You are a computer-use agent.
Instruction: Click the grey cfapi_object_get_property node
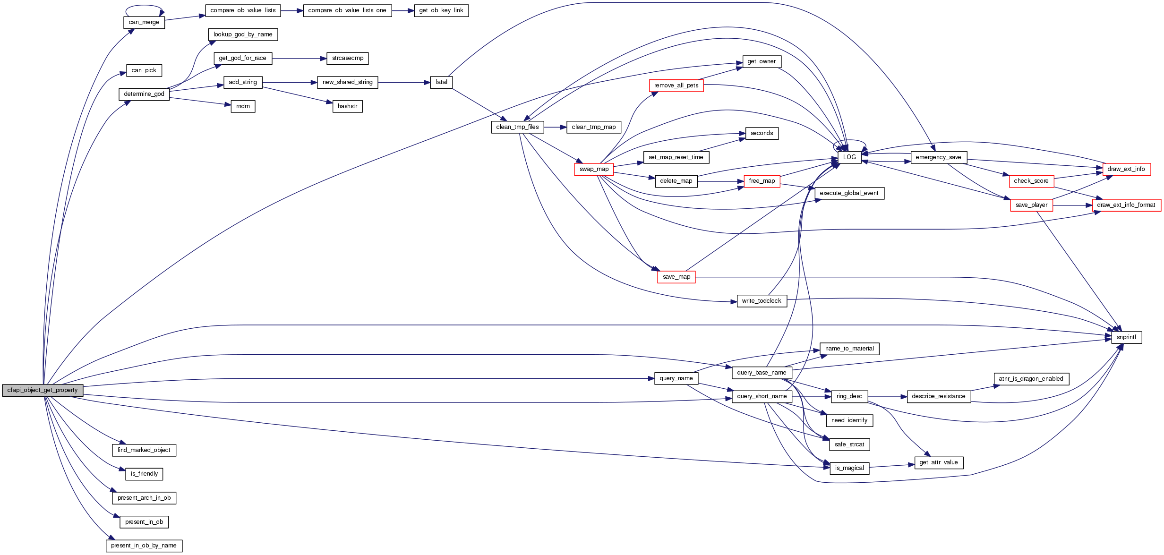pos(43,390)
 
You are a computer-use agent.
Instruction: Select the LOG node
pos(849,157)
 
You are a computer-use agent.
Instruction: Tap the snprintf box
pos(1126,337)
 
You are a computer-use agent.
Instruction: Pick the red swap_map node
pos(594,169)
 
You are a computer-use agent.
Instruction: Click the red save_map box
pos(676,277)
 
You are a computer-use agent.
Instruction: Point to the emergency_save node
pos(938,157)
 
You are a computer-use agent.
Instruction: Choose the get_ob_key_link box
pos(441,10)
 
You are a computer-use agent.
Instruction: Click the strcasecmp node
pos(347,58)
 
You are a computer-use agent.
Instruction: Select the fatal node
pos(441,82)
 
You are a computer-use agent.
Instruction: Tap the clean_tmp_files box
pos(517,127)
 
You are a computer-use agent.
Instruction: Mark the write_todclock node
pos(762,301)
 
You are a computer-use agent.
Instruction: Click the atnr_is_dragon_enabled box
pos(1031,379)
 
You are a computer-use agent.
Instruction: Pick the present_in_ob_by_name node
pos(144,546)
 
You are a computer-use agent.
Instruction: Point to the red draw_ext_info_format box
pos(1126,205)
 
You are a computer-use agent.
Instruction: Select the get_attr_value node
pos(938,462)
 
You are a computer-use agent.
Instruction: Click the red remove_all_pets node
pos(676,85)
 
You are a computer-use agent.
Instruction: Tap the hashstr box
pos(347,106)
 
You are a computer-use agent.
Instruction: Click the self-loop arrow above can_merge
pos(144,6)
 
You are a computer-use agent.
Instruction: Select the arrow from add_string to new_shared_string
pos(290,83)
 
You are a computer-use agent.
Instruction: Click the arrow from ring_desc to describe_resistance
pos(887,397)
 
